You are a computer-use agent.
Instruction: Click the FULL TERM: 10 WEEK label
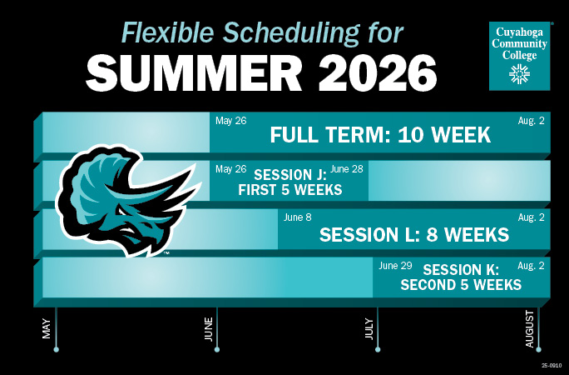pos(380,135)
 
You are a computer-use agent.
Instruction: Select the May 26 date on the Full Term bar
pos(230,121)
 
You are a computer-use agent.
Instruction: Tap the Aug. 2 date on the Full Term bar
pos(531,121)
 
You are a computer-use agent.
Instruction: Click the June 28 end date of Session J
pos(346,169)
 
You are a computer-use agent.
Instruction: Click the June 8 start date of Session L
pos(298,217)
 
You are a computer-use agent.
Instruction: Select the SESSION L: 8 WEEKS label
pos(413,235)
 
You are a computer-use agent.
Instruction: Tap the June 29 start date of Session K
pos(395,266)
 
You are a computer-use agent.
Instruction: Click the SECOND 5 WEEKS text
pos(461,285)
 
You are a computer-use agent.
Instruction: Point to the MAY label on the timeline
pos(47,327)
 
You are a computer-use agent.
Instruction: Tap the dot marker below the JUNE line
pos(216,349)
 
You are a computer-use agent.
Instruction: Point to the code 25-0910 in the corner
pos(552,365)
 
